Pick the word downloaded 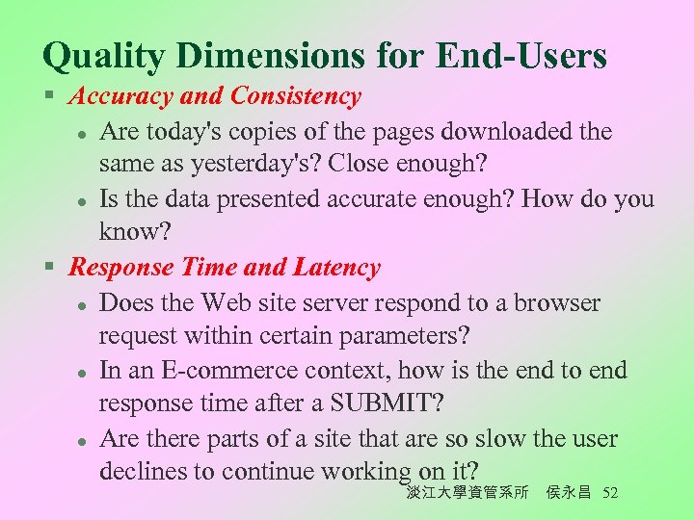496,130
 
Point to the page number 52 609,493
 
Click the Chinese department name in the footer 467,493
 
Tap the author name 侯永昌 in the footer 569,493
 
